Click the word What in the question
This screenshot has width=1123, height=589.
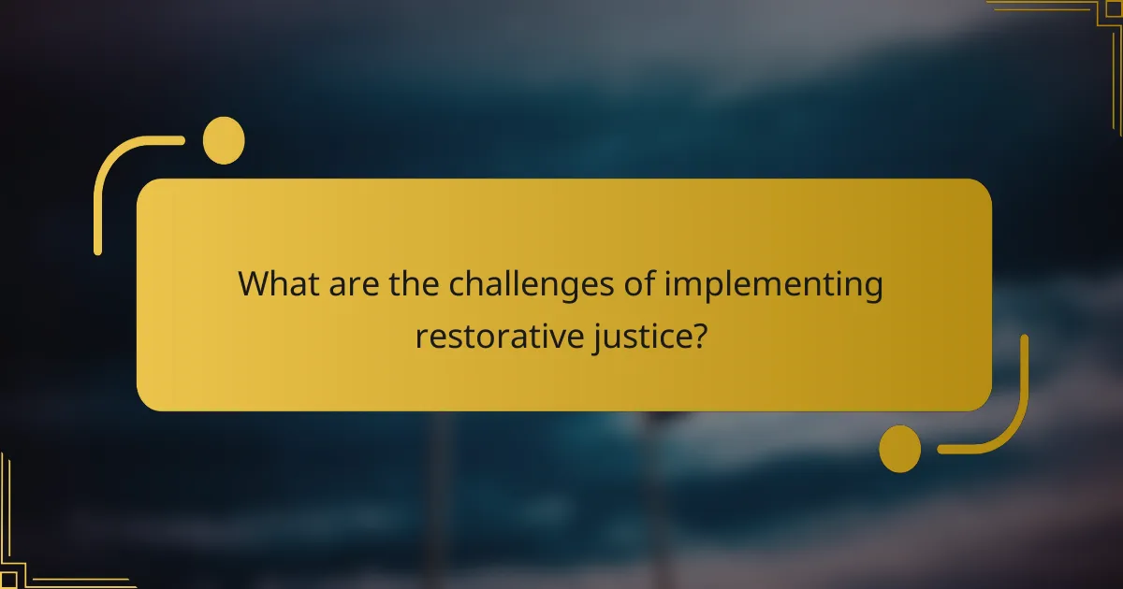(x=279, y=283)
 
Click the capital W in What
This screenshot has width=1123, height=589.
(x=254, y=283)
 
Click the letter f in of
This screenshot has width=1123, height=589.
(x=649, y=283)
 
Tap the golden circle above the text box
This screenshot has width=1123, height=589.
(x=224, y=140)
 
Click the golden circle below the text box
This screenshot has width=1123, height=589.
(x=899, y=448)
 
